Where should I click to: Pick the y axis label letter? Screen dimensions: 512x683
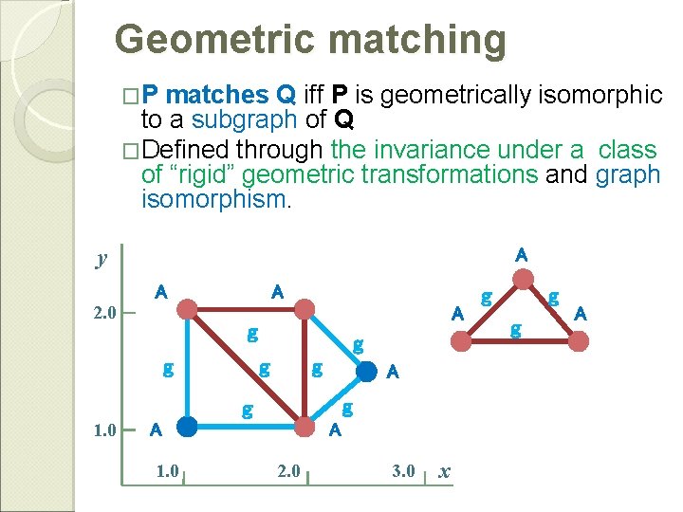101,259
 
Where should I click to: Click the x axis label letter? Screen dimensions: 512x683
445,471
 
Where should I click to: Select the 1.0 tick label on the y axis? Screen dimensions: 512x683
104,429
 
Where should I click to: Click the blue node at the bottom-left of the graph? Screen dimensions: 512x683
188,427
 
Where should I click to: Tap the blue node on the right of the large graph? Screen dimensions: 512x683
365,372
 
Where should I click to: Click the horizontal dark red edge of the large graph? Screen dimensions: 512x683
247,308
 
